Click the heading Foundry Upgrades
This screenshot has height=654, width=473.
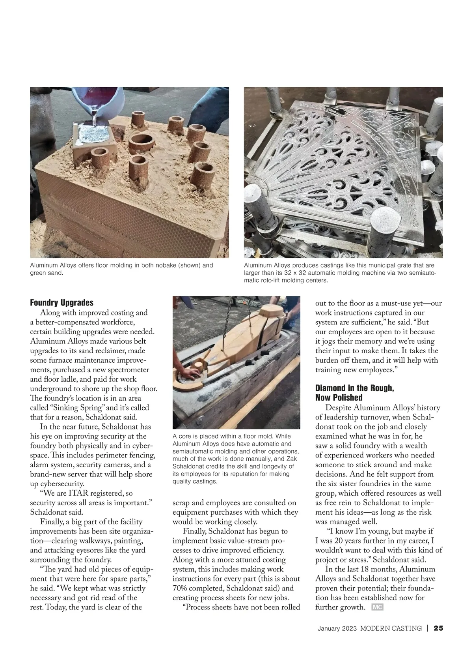pyautogui.click(x=62, y=303)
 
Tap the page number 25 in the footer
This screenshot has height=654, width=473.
pyautogui.click(x=439, y=628)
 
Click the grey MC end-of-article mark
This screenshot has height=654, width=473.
pyautogui.click(x=377, y=607)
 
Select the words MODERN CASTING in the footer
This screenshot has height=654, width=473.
pyautogui.click(x=391, y=628)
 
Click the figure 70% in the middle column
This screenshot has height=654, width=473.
pyautogui.click(x=181, y=588)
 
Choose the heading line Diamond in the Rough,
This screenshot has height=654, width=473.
pyautogui.click(x=354, y=388)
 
